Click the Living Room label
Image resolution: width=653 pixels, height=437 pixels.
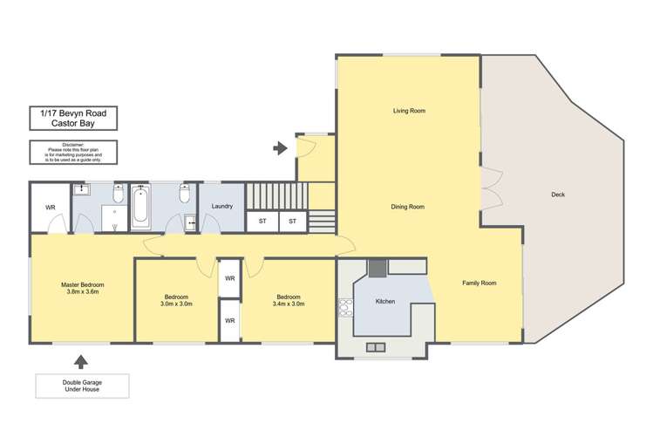pos(408,111)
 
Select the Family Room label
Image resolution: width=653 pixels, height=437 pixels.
pos(479,283)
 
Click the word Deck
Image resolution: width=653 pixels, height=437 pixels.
pos(558,195)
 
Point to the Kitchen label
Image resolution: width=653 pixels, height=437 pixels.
pos(385,301)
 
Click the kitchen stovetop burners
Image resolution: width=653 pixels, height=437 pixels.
pos(344,307)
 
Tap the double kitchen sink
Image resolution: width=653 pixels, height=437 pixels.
pos(376,347)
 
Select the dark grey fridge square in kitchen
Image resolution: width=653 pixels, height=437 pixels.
pos(377,268)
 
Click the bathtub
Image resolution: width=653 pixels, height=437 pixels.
pos(141,208)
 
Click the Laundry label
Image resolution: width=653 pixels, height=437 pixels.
pos(222,206)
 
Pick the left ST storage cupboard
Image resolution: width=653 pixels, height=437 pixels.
pos(262,222)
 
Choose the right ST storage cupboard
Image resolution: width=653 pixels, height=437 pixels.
pos(293,222)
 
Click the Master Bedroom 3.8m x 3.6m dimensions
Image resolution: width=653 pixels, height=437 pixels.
pos(83,293)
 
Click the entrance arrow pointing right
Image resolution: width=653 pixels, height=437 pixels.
pos(280,148)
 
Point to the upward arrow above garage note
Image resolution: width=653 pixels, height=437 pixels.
pos(81,360)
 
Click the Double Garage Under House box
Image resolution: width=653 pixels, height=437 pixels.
pos(82,385)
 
